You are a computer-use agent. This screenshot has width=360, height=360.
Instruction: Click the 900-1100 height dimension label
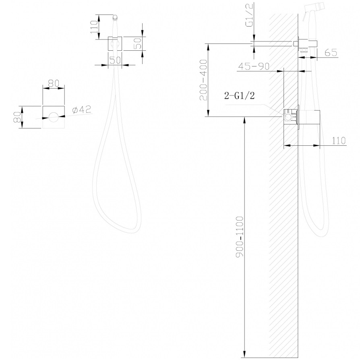point(240,237)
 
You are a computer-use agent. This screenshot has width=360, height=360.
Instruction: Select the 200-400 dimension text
point(203,80)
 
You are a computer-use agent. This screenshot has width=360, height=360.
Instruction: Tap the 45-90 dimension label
point(253,66)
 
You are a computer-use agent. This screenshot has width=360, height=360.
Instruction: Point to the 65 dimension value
point(331,53)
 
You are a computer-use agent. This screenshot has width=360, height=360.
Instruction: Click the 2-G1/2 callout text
point(240,95)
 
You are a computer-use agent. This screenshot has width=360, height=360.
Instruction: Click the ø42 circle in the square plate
point(54,118)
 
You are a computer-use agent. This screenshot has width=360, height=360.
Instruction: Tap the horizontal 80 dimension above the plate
point(54,83)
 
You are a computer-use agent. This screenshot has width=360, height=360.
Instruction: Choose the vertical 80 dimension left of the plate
point(17,117)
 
